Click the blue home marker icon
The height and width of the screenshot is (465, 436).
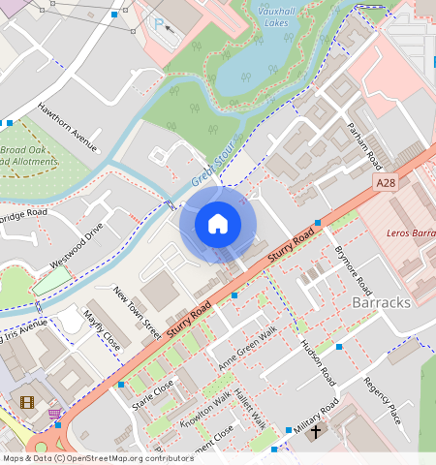click(218, 224)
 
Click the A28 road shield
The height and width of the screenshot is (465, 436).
click(386, 182)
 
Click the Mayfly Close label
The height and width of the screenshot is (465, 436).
click(102, 330)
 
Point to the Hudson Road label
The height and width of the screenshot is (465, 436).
click(317, 362)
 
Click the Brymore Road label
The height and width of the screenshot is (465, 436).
click(353, 270)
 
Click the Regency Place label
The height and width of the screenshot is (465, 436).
click(382, 401)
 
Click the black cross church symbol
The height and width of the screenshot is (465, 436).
click(316, 430)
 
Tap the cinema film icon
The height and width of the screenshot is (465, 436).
click(26, 401)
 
